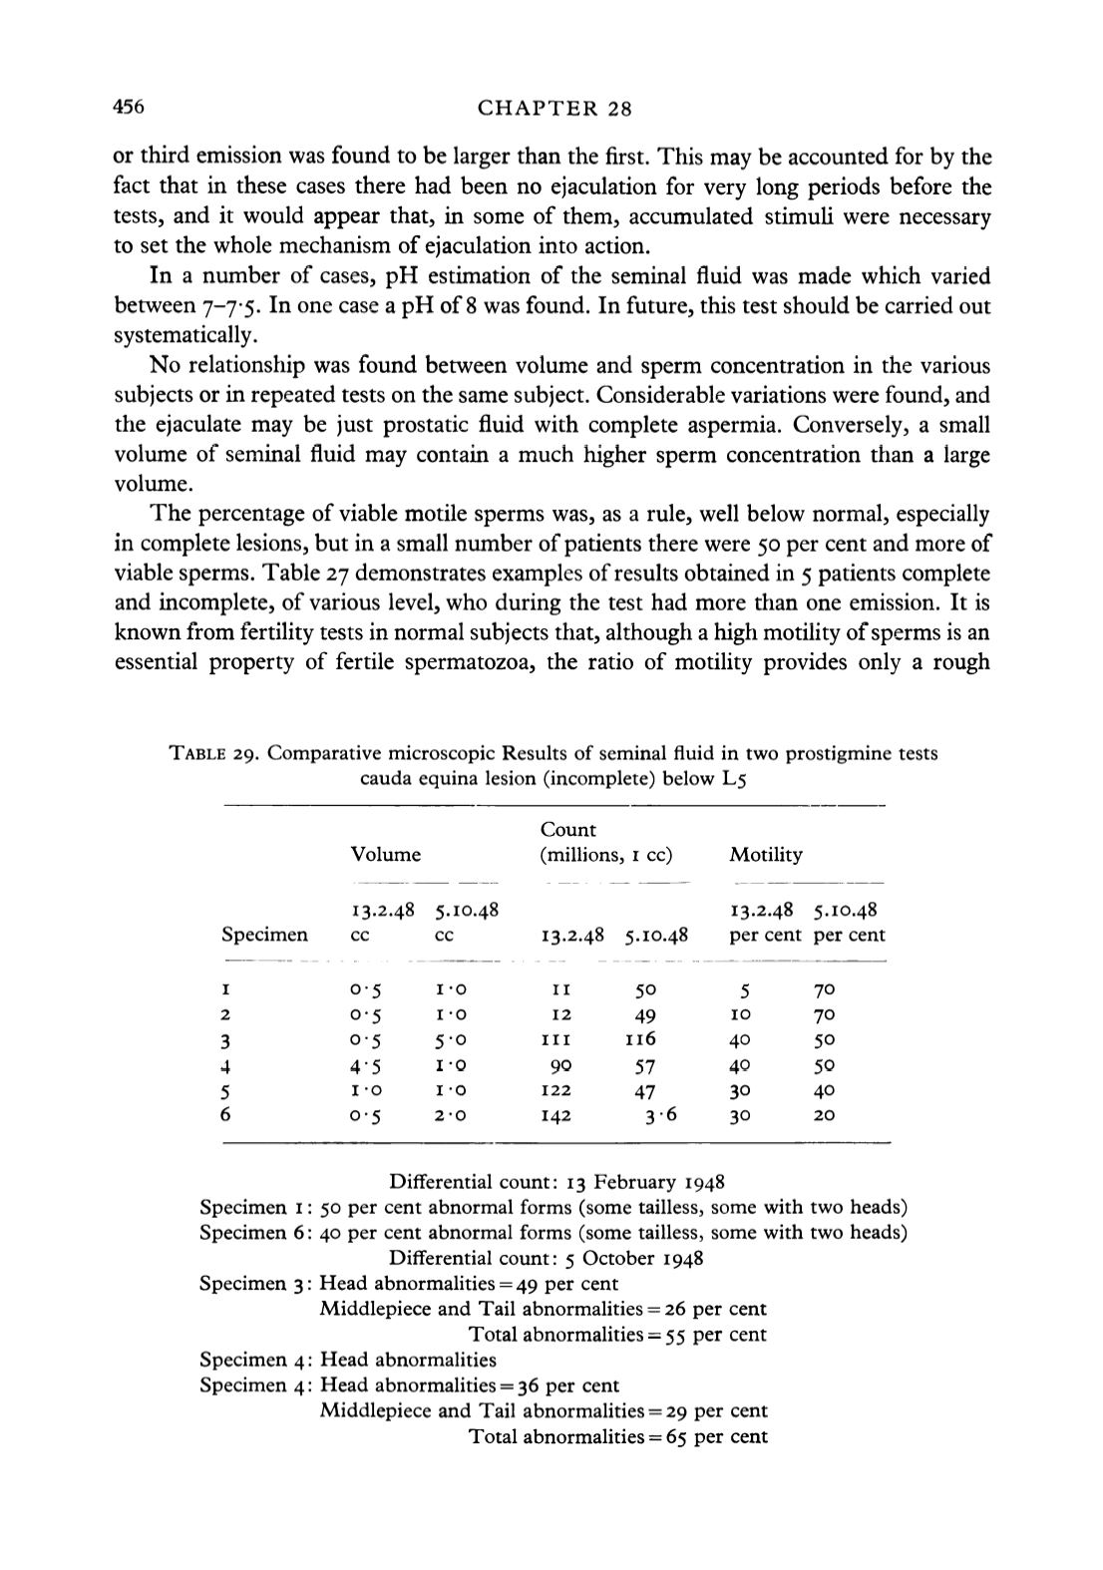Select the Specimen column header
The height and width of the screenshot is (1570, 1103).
point(264,936)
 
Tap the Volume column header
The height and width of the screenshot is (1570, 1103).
point(386,855)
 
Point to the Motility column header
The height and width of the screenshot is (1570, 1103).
point(766,855)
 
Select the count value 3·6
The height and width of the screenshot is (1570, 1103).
point(659,1114)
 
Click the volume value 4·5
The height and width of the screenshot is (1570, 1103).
point(367,1065)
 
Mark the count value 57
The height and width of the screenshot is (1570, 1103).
point(645,1065)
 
